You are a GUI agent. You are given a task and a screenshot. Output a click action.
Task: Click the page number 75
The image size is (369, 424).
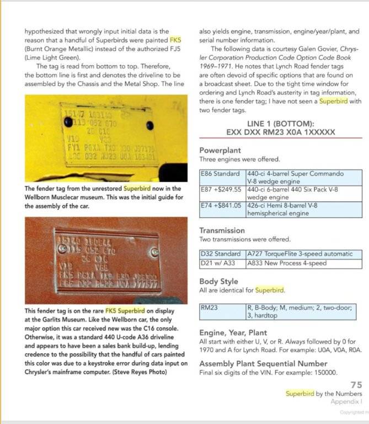click(x=356, y=385)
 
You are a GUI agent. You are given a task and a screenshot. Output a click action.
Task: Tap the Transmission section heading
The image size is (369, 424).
click(x=222, y=230)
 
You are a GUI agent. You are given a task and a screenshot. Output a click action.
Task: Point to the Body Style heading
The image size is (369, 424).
click(x=218, y=281)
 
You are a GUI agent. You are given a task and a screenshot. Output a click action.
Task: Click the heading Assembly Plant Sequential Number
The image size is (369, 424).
click(x=271, y=363)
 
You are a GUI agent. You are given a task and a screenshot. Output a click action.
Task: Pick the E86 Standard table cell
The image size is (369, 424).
click(x=222, y=173)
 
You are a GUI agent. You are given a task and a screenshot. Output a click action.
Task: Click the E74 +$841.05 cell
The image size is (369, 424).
click(x=222, y=206)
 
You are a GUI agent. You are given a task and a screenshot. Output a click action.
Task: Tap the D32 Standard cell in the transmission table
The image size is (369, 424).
click(x=222, y=253)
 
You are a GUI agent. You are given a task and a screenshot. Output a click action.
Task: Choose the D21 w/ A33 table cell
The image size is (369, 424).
click(x=222, y=263)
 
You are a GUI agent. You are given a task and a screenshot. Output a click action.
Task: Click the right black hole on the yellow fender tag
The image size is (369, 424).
click(x=149, y=126)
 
